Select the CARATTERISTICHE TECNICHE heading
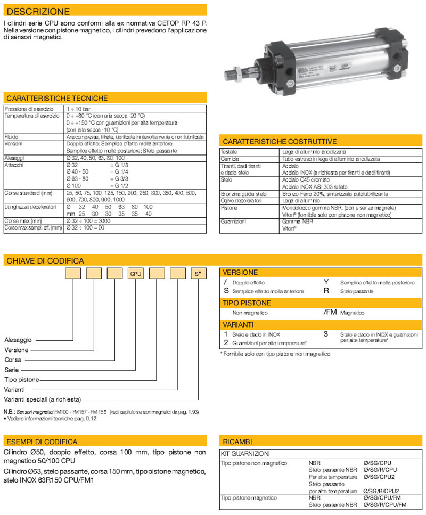pos(57,98)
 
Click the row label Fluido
pos(11,137)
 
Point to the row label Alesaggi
pos(14,158)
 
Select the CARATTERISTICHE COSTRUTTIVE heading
pos(280,142)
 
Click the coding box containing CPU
pos(136,274)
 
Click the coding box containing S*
pos(198,274)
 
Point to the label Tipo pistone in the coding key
pos(22,379)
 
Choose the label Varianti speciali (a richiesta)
pos(43,399)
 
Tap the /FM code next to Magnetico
pos(330,313)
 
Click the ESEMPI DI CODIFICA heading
pos(42,442)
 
